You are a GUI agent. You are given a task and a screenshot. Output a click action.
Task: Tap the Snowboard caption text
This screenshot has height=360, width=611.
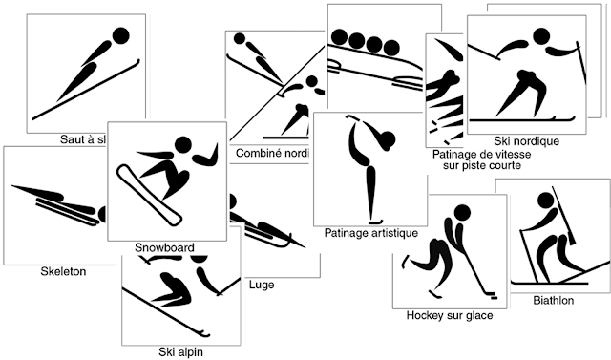click(x=164, y=247)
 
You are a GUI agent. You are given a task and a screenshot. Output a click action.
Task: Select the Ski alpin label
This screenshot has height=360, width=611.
click(x=179, y=350)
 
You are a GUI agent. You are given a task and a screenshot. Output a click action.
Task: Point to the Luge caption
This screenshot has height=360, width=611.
click(x=261, y=285)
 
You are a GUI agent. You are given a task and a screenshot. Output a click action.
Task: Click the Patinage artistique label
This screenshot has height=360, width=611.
click(x=371, y=232)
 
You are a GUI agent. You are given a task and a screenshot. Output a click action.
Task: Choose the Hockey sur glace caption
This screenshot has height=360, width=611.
click(x=450, y=314)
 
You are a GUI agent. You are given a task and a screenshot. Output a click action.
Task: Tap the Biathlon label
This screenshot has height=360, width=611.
click(x=554, y=300)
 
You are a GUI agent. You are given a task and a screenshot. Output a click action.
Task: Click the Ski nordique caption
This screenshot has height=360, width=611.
click(x=527, y=141)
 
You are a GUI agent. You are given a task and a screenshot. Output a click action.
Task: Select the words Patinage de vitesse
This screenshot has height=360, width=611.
click(x=480, y=153)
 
